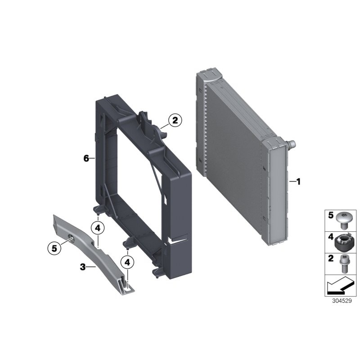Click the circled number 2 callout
[x=175, y=120]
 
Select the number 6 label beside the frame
[x=86, y=158]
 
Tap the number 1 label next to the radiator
[x=297, y=181]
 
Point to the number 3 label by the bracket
[x=82, y=267]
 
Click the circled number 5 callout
[x=54, y=247]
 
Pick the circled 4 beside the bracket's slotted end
[x=128, y=261]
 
